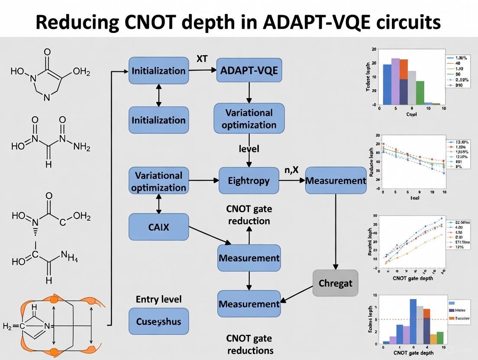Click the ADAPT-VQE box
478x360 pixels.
coord(249,71)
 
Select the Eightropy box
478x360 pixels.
coord(249,180)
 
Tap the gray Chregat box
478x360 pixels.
coord(336,283)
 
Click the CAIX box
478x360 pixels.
coord(158,227)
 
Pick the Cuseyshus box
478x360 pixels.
coord(158,321)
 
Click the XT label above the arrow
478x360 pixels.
coord(202,59)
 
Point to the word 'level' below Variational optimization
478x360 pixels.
coord(249,149)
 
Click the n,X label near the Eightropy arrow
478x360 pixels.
coord(291,170)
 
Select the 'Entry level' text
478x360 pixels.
coord(158,299)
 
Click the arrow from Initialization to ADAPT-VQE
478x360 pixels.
coord(202,71)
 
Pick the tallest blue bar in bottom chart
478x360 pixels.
coord(413,321)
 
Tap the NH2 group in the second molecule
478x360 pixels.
coord(82,147)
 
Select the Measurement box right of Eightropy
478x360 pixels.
coord(336,180)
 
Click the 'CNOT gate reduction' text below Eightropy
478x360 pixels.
coord(249,215)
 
